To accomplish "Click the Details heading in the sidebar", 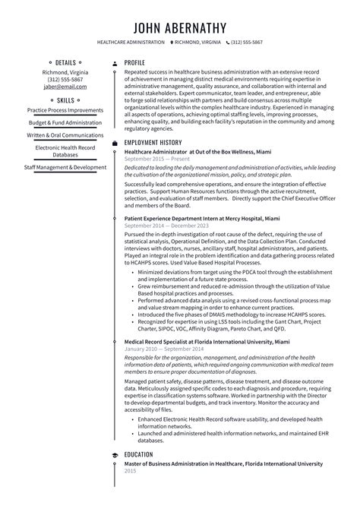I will click(x=65, y=62).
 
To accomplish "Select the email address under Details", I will click(x=65, y=87).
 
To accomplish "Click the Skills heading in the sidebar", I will click(x=65, y=100).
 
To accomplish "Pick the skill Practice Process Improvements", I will click(x=65, y=110).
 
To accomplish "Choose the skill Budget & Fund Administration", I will click(x=65, y=122).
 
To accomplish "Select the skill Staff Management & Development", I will click(x=65, y=167).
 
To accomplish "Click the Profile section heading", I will click(x=134, y=62).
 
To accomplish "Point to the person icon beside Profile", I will click(x=115, y=62).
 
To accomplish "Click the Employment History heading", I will click(x=153, y=142).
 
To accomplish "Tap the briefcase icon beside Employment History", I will click(x=115, y=142).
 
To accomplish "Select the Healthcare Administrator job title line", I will click(x=187, y=151).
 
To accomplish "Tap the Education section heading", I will click(x=140, y=455).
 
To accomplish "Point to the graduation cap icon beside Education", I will click(x=115, y=455).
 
